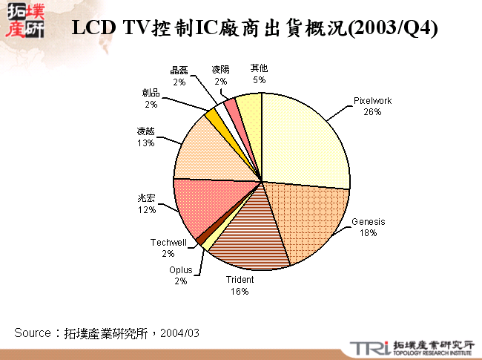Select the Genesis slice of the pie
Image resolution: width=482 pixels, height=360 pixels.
coord(308,219)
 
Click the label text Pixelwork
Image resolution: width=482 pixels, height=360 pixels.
coord(372,101)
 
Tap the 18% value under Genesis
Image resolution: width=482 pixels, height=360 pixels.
coord(369,232)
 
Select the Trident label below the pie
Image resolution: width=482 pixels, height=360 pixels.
coord(240,280)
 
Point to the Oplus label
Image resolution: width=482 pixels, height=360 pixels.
coord(180,269)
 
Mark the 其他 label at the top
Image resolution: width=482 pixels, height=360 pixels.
coord(259,69)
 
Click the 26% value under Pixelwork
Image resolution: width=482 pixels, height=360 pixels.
coord(372,112)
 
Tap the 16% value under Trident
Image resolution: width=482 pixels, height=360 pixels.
coord(240,291)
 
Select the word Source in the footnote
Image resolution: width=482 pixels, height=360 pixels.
coord(32,333)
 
